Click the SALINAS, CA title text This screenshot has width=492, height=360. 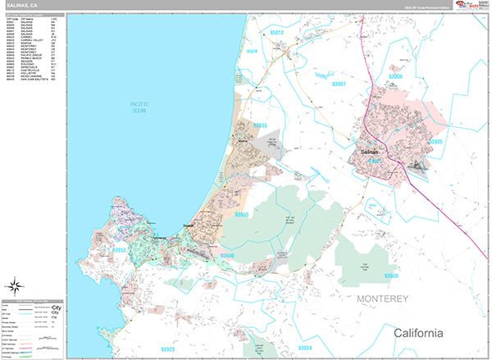(x=22, y=6)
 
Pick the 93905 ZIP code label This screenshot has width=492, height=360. (x=458, y=142)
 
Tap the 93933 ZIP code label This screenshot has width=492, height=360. (x=259, y=125)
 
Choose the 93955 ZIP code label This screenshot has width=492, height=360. (x=241, y=214)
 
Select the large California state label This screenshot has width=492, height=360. (x=418, y=333)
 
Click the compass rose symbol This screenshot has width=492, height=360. (x=16, y=286)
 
